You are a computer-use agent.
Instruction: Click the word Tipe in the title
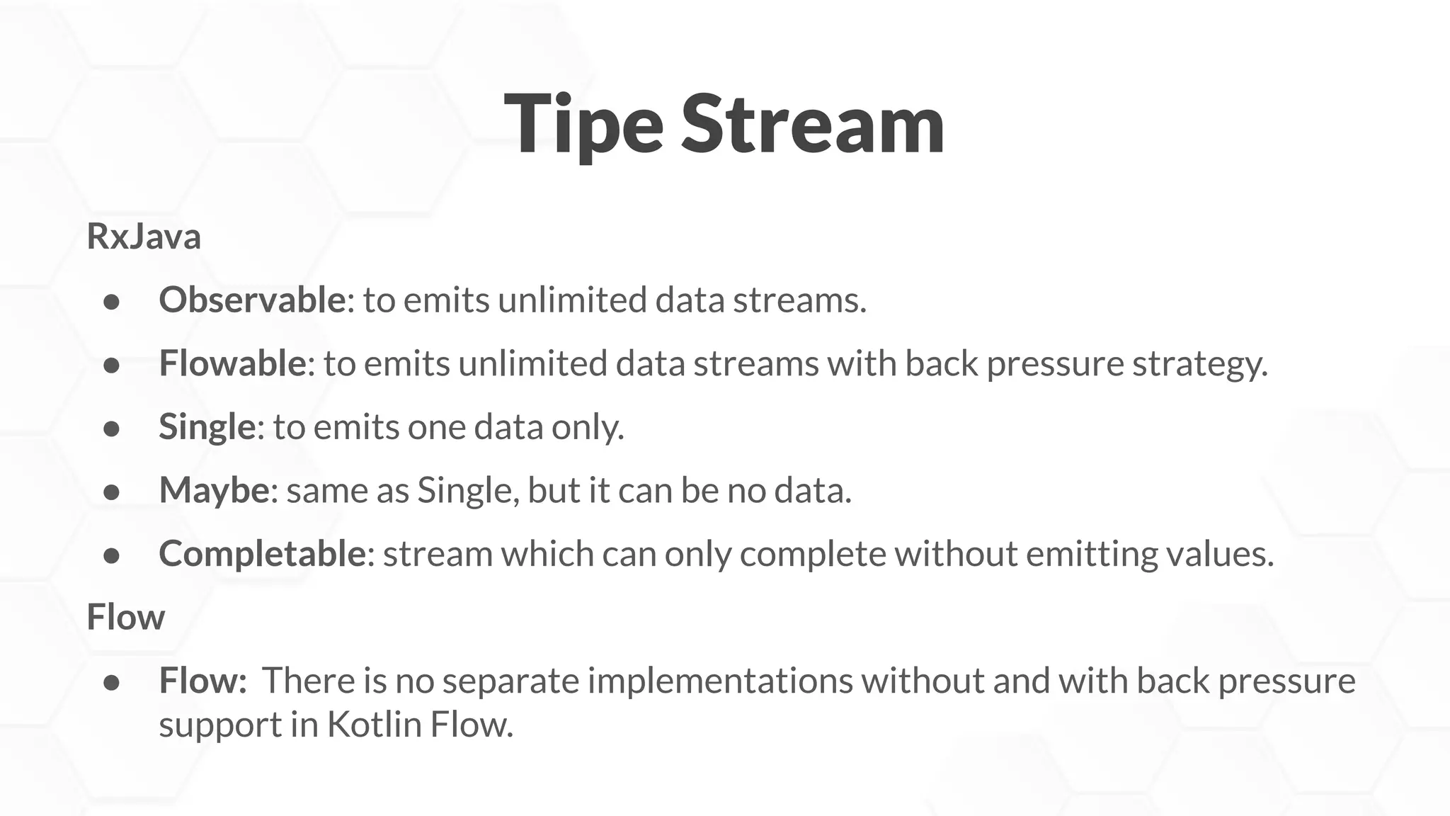[583, 126]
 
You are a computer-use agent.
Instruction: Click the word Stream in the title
[812, 125]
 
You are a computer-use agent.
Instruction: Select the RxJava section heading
[144, 237]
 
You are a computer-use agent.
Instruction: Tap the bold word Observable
[252, 300]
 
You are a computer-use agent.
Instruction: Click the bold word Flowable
[232, 363]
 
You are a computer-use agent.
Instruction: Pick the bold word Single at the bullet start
[207, 427]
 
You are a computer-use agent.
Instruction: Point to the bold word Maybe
[214, 491]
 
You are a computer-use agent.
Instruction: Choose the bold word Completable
[262, 554]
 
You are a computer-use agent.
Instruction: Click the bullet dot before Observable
[111, 302]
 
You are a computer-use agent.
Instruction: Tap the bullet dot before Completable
[111, 556]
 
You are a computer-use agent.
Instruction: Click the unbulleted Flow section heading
[125, 617]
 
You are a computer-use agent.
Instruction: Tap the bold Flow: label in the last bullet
[202, 681]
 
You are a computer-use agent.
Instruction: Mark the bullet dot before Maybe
[111, 492]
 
